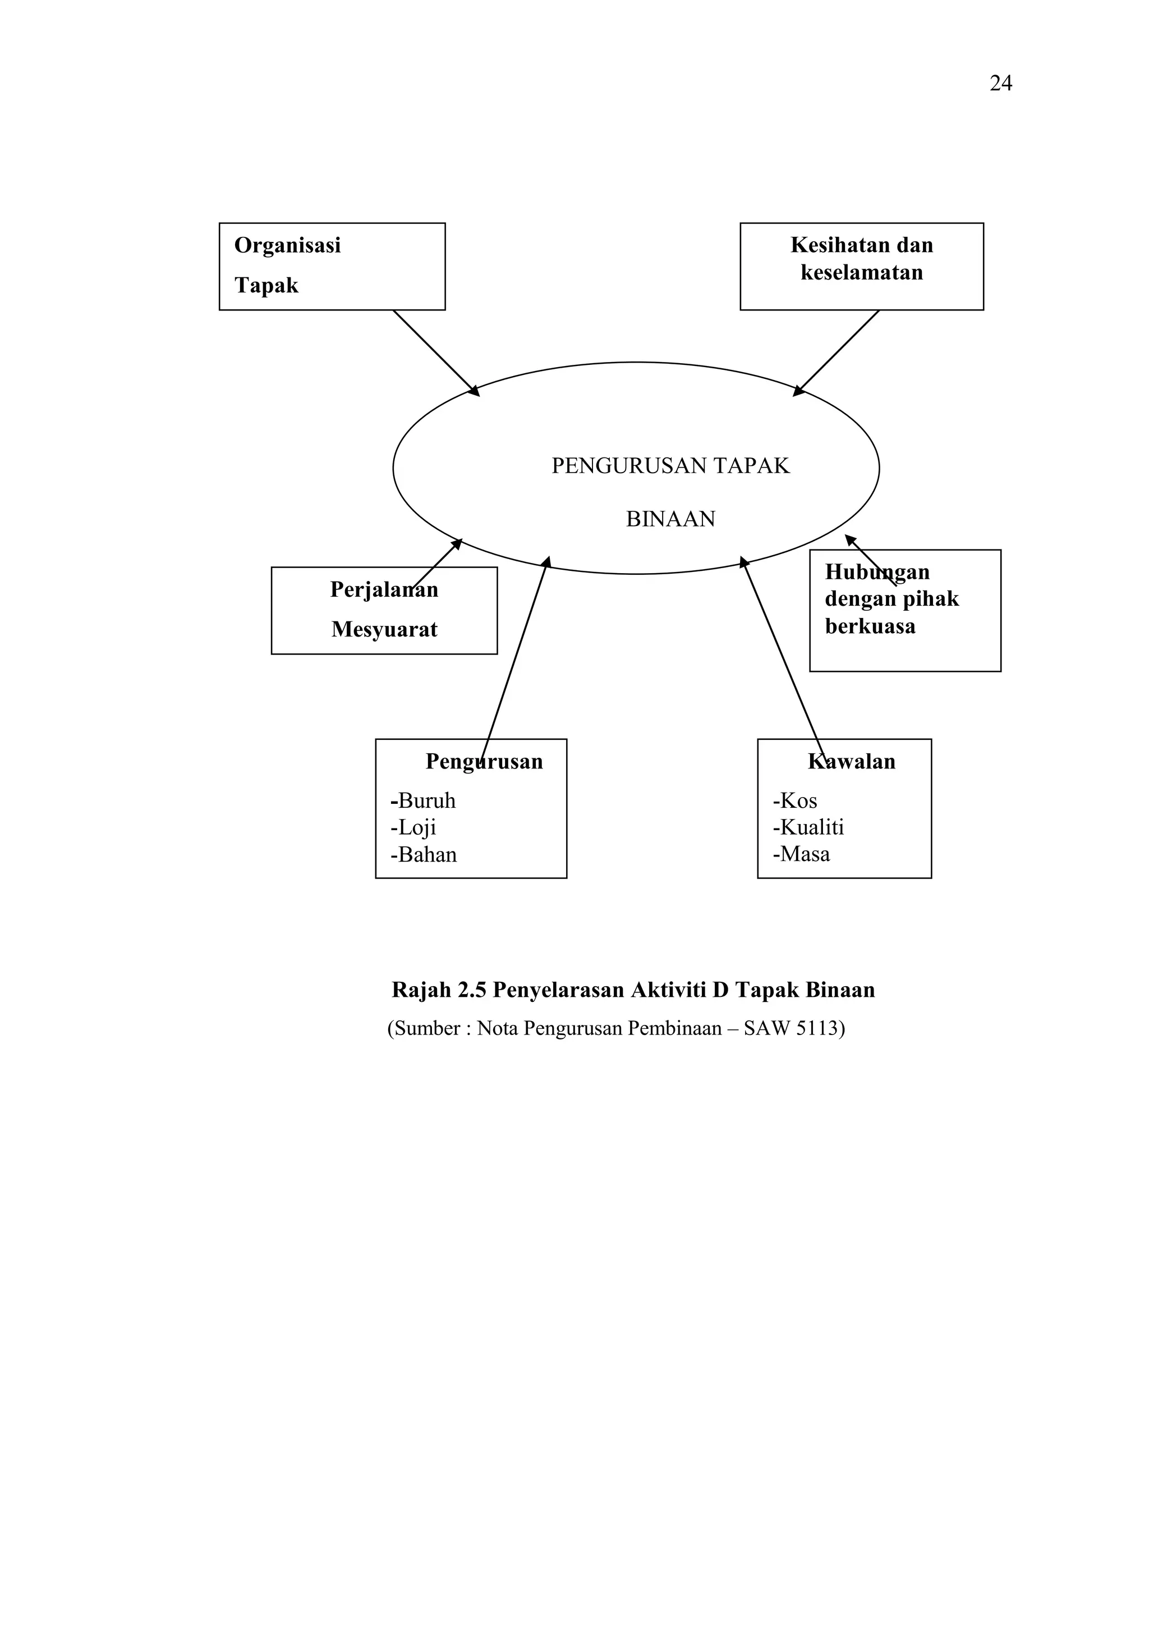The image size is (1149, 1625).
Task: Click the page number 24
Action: coord(1000,84)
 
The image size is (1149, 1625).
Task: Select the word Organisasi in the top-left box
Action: coord(287,246)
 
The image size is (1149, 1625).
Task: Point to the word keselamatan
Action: coord(862,272)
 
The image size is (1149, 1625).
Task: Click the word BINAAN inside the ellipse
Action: coord(670,519)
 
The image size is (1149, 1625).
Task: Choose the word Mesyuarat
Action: coord(384,629)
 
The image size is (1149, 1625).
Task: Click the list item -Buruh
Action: coord(423,800)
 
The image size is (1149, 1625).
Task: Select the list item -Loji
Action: coord(413,827)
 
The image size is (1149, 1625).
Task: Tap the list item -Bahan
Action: coord(424,854)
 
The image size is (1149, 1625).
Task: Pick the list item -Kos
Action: coord(794,800)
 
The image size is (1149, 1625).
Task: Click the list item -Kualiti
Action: coord(808,827)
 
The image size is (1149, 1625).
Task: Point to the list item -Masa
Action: coord(801,854)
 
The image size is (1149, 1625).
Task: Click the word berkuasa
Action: coord(870,626)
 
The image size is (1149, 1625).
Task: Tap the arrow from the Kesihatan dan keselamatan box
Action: coord(837,352)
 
